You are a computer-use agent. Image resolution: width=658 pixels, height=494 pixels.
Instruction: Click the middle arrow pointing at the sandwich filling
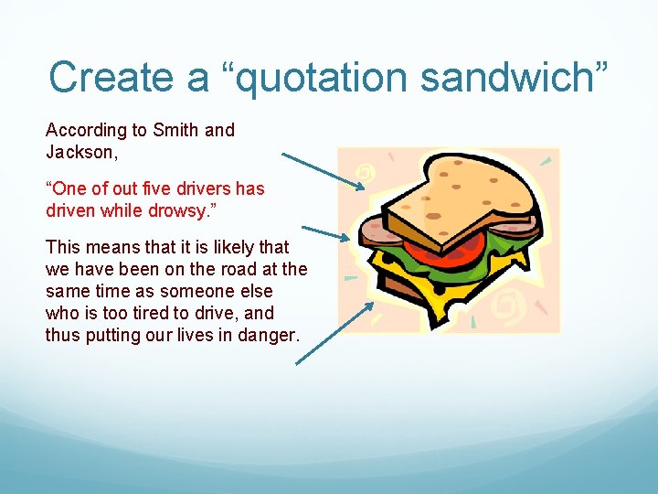click(325, 233)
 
